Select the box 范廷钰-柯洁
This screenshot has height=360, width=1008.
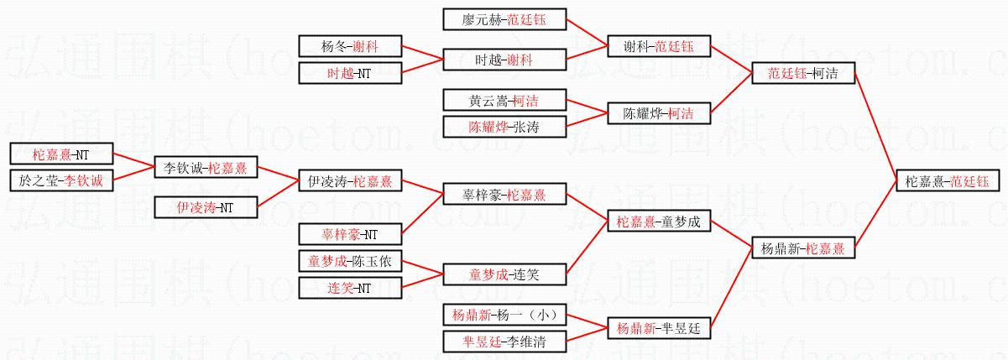coord(803,73)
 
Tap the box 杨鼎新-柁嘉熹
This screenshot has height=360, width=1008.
coord(803,248)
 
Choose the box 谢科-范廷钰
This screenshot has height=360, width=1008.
coord(659,45)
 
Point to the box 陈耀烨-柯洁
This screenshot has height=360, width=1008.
coord(659,113)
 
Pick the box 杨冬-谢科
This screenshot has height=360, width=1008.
coord(350,46)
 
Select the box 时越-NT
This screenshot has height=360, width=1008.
coord(350,73)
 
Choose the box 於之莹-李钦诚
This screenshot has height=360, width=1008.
coord(61,180)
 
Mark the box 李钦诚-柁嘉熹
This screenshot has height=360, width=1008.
coord(206,168)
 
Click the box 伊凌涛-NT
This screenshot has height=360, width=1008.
coord(206,206)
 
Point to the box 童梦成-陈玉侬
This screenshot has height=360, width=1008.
coord(350,261)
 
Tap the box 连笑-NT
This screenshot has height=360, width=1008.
coord(350,288)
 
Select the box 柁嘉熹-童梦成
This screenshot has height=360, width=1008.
coord(659,222)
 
